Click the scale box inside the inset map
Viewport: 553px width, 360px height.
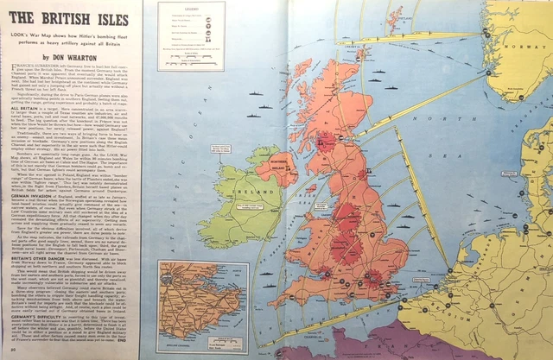pos(185,339)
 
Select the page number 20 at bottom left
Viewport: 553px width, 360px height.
pos(9,351)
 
